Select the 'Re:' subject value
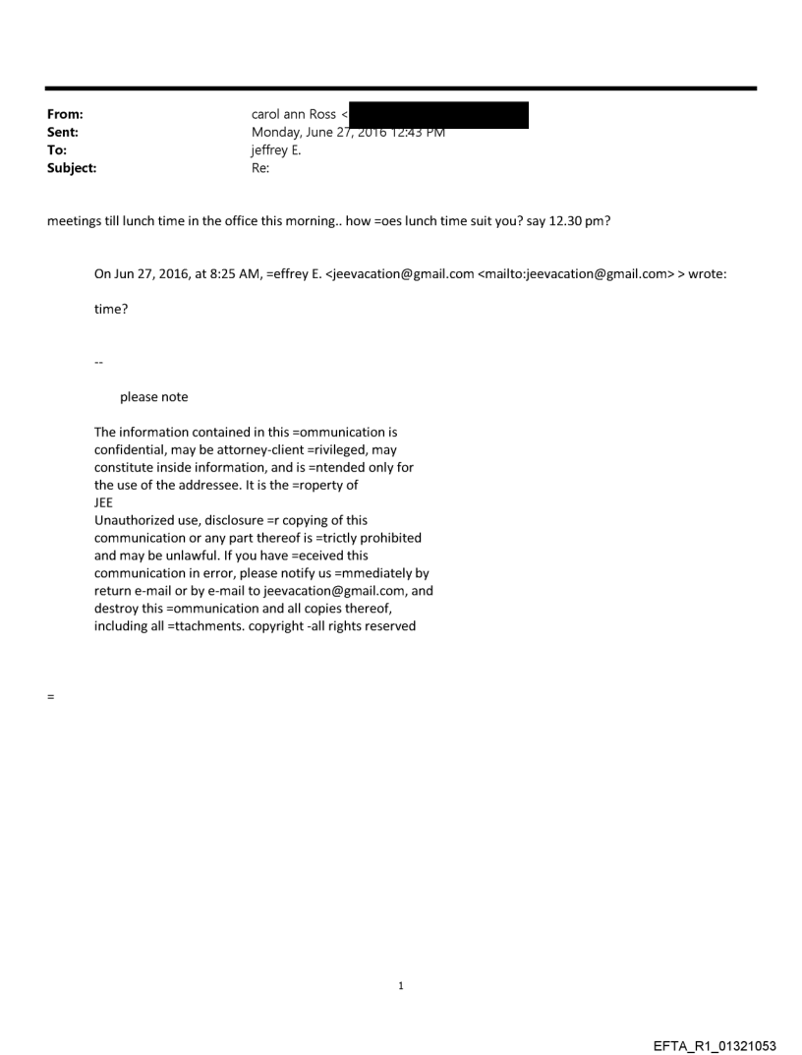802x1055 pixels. click(260, 168)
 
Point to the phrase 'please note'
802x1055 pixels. click(153, 397)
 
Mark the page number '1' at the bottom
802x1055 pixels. click(401, 986)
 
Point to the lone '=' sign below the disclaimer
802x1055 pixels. click(50, 697)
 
